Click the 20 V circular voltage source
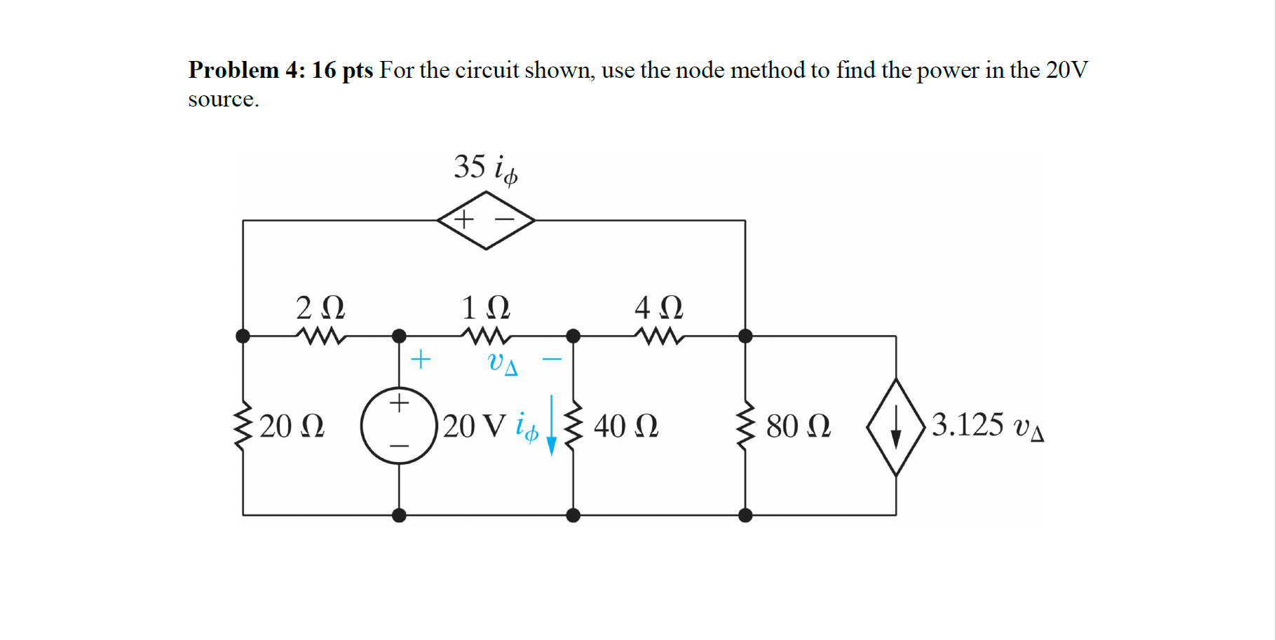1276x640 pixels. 399,425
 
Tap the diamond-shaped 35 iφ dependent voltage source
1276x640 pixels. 486,220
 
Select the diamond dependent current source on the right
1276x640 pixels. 895,427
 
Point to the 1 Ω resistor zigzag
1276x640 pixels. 486,336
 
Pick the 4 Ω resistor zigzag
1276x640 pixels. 659,336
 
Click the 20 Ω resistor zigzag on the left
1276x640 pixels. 243,425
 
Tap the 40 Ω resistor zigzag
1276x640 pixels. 573,425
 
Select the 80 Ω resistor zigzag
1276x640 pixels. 745,425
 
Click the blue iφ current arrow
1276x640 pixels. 552,426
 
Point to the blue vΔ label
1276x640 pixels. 503,362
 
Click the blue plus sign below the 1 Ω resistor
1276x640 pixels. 420,359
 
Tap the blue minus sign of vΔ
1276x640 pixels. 552,360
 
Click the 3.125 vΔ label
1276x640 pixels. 987,425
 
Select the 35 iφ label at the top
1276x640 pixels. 485,168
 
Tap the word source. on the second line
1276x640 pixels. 223,100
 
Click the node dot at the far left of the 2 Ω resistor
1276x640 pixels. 243,336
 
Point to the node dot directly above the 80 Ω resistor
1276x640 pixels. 745,336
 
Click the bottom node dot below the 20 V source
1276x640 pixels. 399,515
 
